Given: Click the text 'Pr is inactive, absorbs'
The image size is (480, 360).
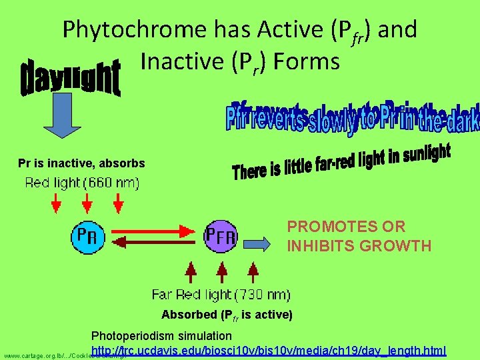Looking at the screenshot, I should click(x=81, y=163).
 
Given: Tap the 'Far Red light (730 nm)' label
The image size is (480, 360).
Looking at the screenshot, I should click(x=221, y=294).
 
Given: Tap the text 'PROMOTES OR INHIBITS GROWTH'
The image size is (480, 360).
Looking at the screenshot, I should click(x=359, y=236).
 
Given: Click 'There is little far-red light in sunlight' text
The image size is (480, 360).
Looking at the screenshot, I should click(x=341, y=162).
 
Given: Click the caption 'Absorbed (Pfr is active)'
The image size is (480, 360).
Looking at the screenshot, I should click(x=227, y=314).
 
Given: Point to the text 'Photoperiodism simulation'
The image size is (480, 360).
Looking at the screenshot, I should click(x=161, y=335).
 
